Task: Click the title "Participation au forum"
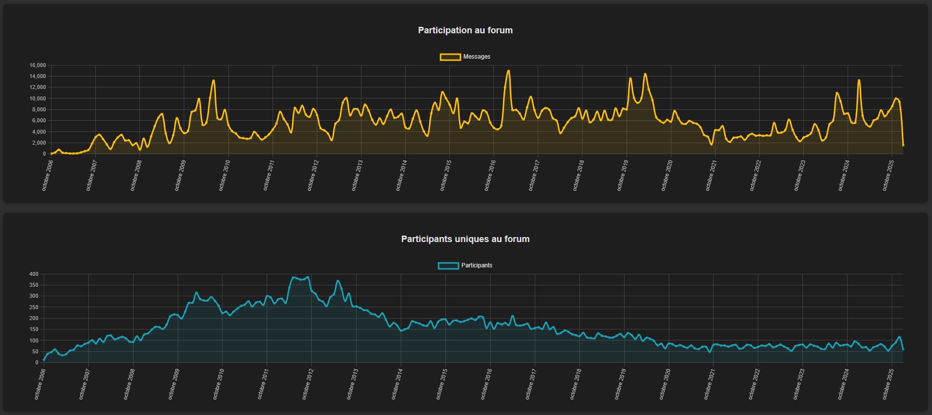click(x=465, y=30)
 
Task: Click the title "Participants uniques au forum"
click(x=465, y=239)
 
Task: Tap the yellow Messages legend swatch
click(x=450, y=57)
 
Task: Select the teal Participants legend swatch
click(x=448, y=266)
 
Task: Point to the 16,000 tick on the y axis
click(x=38, y=66)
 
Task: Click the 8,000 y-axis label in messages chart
click(x=39, y=110)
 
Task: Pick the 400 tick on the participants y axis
click(x=34, y=274)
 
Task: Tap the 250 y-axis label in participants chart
click(x=34, y=308)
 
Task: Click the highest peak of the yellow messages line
click(x=508, y=71)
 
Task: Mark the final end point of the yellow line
click(x=903, y=145)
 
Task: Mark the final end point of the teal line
click(x=903, y=349)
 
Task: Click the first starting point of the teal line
click(x=44, y=360)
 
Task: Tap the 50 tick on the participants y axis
click(x=35, y=352)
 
